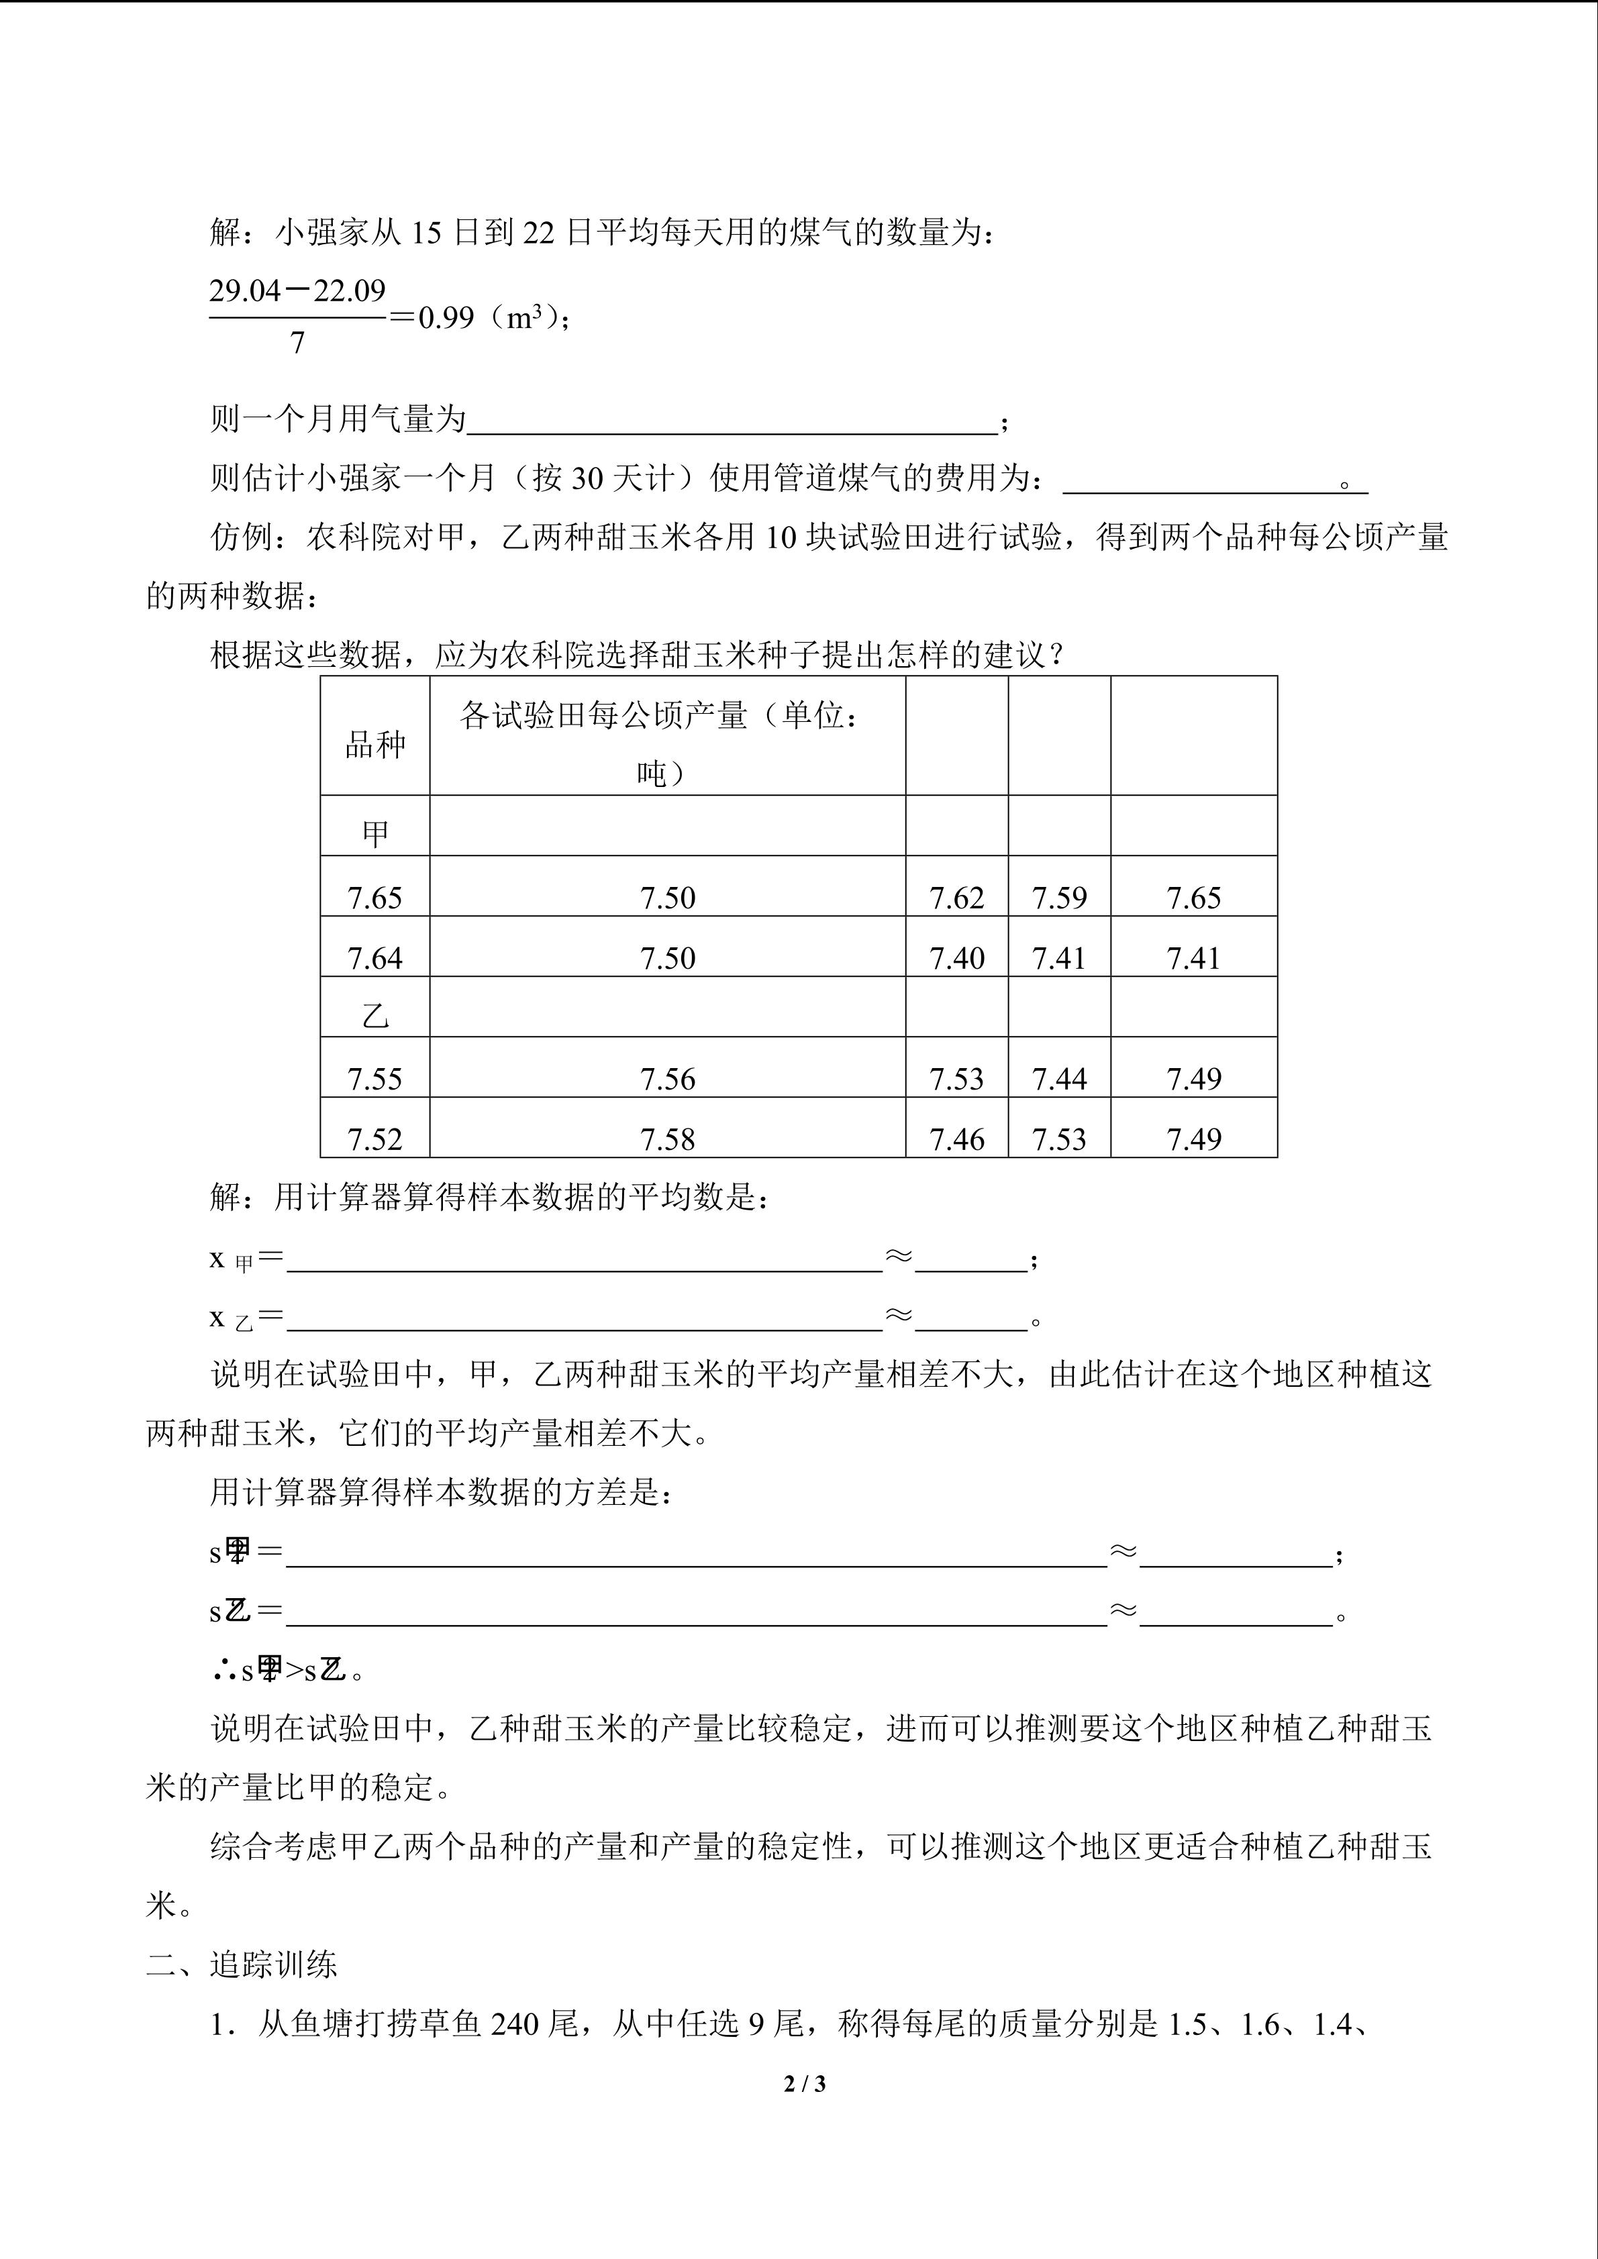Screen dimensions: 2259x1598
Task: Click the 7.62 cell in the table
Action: coord(956,897)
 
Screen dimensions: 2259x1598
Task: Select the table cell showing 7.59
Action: coord(1059,897)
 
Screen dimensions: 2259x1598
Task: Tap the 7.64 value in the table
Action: coord(375,957)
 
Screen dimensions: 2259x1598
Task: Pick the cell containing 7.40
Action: coord(956,957)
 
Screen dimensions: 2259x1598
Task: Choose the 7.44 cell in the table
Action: coord(1059,1078)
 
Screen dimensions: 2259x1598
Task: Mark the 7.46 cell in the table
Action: coord(956,1139)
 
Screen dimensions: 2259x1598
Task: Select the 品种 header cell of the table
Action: coord(375,745)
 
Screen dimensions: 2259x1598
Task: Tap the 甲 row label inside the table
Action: coord(375,833)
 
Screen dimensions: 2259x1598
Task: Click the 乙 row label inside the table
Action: coord(375,1014)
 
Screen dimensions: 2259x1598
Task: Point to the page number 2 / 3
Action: coord(804,2083)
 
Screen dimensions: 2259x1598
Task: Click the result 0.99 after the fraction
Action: coord(447,318)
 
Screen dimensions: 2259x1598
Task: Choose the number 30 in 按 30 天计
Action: coord(587,478)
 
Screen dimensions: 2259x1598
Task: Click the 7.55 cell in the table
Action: coord(375,1078)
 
